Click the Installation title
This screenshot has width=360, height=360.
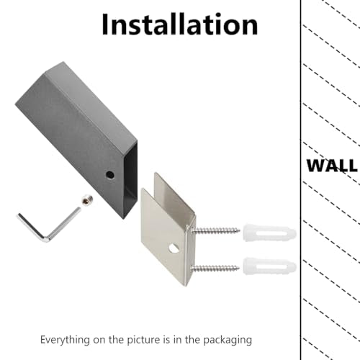point(179,24)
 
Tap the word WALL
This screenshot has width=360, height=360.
point(332,166)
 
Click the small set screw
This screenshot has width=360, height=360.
point(87,200)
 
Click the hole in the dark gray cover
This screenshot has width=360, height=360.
point(110,175)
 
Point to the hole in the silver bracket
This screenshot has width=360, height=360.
point(174,248)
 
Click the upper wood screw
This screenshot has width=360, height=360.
point(215,231)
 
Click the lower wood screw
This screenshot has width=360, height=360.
point(215,268)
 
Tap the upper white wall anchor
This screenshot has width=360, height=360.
point(269,233)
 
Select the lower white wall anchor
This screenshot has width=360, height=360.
point(269,266)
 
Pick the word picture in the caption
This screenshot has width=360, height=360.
point(143,341)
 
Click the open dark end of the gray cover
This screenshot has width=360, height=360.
point(130,179)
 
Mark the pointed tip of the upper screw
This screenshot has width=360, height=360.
point(240,231)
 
